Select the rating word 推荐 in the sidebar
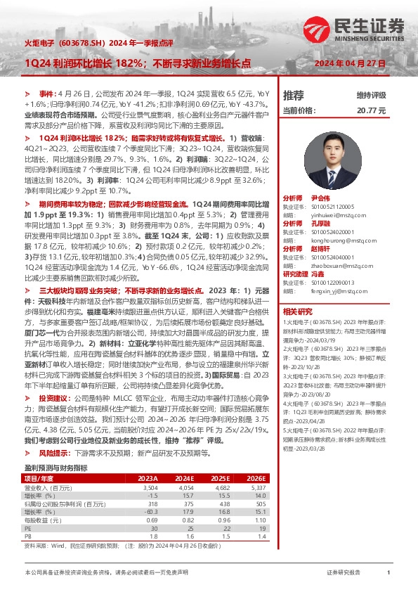click(x=294, y=96)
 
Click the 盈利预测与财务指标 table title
click(x=55, y=467)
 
